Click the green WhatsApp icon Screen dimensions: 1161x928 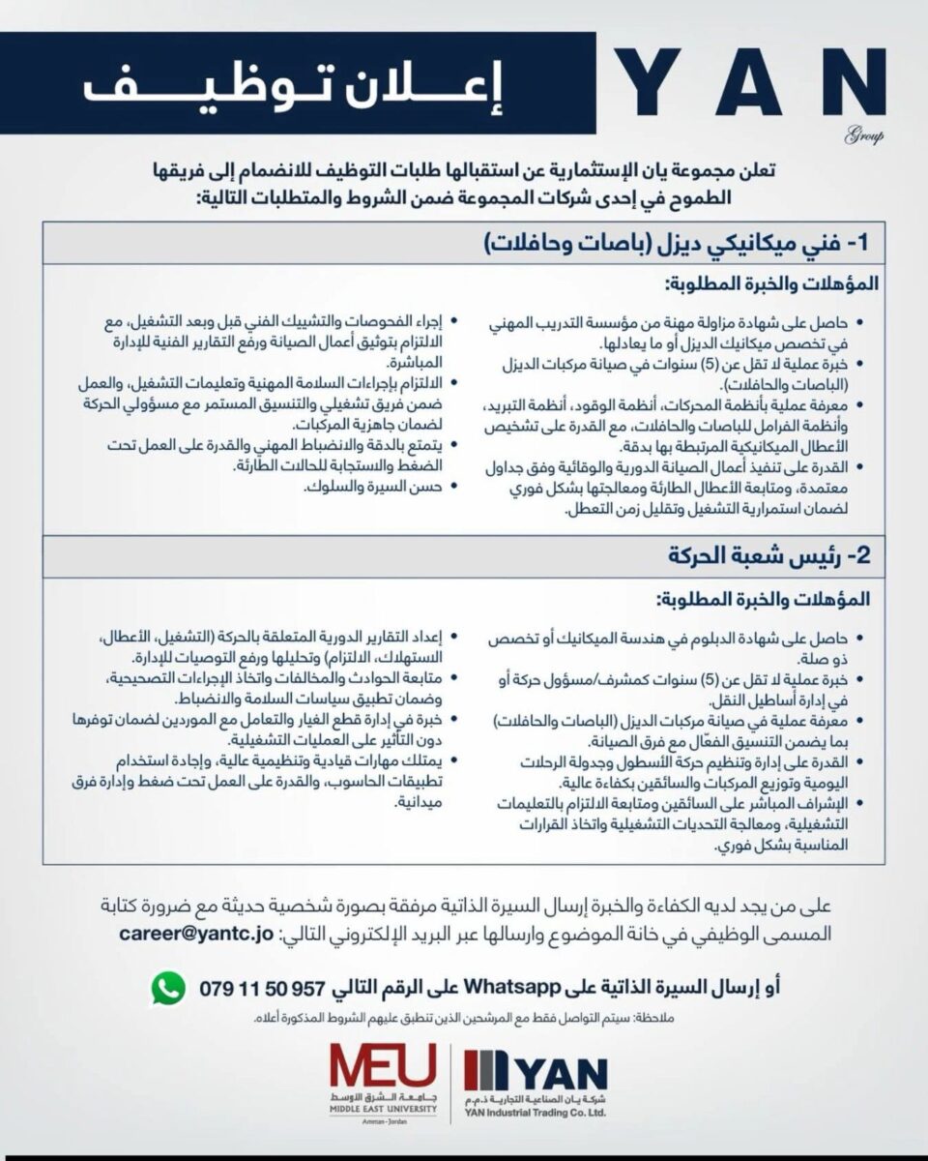[167, 987]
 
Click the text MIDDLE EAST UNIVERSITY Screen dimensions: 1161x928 [383, 1111]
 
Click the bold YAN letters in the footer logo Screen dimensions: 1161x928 [561, 1075]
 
